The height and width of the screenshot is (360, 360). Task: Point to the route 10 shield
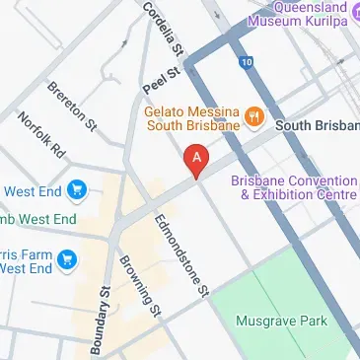click(245, 62)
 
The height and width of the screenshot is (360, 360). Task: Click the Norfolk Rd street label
click(40, 137)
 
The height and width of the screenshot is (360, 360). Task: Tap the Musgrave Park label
click(281, 322)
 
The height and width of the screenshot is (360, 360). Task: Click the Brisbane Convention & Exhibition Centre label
click(294, 187)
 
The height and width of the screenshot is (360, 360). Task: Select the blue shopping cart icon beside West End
click(76, 189)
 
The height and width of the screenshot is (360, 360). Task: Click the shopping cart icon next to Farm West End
click(67, 259)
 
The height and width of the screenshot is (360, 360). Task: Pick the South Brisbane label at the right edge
click(318, 126)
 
